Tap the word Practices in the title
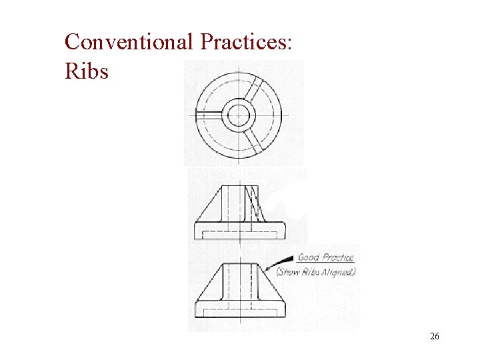tap(246, 42)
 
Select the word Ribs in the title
tap(86, 70)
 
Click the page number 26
tap(434, 337)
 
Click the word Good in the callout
tap(309, 257)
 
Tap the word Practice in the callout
tap(337, 257)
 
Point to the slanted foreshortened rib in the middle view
tap(254, 204)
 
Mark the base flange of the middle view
tap(238, 231)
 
